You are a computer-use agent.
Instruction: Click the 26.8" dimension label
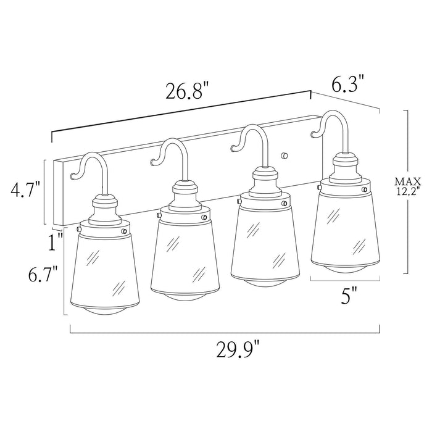pos(188,91)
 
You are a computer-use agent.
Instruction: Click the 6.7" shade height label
pos(43,273)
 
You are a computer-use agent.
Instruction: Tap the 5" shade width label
pos(349,296)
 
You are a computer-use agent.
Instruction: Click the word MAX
pos(409,181)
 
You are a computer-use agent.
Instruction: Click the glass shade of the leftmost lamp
pos(105,267)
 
